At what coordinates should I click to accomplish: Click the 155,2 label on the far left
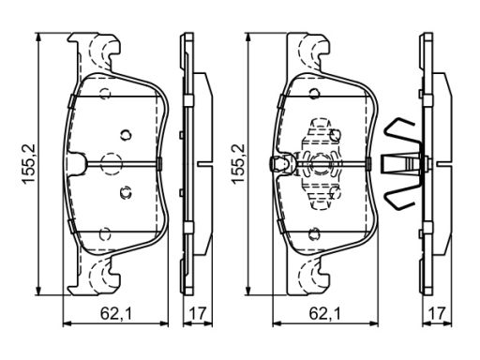coord(28,163)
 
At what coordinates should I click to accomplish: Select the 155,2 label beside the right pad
coord(238,163)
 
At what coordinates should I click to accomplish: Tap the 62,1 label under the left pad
coord(116,313)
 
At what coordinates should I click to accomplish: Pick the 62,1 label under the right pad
coord(325,313)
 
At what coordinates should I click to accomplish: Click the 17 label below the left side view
coord(198,313)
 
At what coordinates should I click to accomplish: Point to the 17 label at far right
coord(437,313)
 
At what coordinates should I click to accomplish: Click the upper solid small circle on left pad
coord(126,135)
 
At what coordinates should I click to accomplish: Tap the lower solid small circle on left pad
coord(126,193)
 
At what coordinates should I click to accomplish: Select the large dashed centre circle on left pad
coord(111,163)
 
